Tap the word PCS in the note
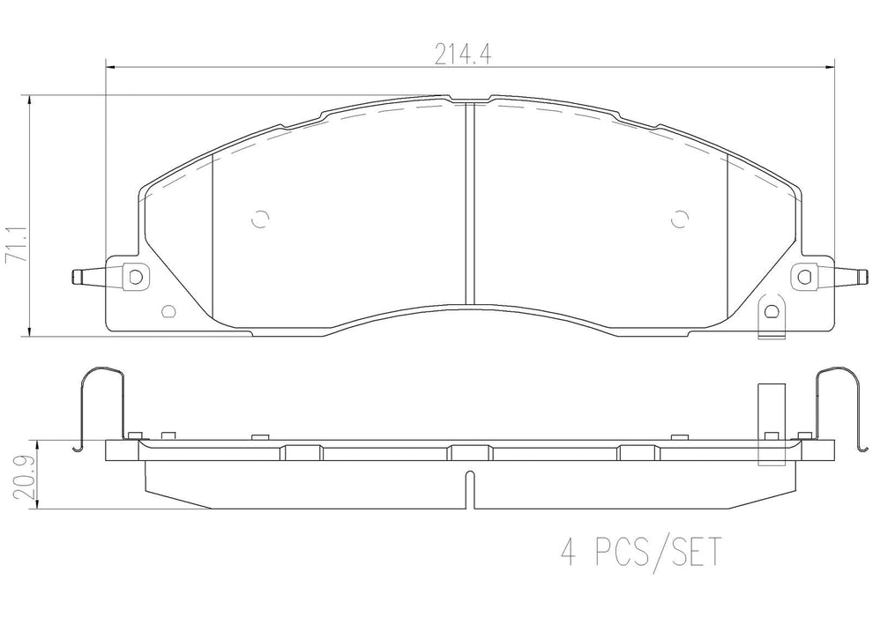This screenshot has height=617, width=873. pos(622,554)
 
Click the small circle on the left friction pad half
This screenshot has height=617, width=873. pos(257,220)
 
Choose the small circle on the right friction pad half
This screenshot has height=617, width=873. pos(679,220)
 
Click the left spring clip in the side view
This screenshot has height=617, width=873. pos(85,405)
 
